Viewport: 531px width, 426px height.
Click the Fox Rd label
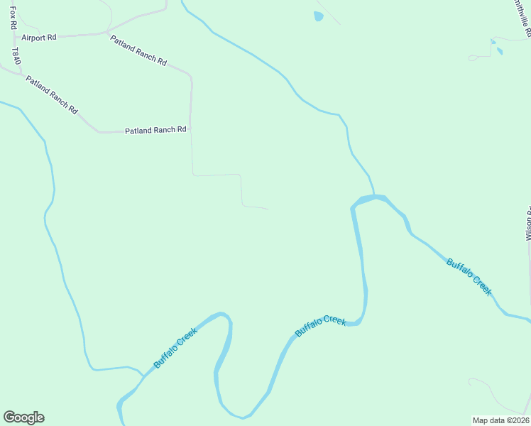point(13,15)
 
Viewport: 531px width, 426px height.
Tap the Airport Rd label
point(38,37)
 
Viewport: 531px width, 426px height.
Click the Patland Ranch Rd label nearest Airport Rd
point(138,50)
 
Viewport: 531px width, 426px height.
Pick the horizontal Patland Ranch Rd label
point(155,130)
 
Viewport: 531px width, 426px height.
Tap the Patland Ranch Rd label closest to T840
point(51,94)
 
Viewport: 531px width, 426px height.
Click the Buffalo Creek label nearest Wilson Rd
point(469,277)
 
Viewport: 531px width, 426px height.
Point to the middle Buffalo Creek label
point(321,326)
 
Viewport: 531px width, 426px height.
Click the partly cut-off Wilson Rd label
point(528,224)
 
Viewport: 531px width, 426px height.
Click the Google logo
point(23,417)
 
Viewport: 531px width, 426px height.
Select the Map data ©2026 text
point(501,420)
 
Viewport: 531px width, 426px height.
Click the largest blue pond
point(319,16)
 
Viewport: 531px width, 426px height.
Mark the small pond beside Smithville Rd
point(499,51)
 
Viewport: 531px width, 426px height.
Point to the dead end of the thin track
point(268,209)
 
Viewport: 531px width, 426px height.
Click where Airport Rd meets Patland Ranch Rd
point(106,33)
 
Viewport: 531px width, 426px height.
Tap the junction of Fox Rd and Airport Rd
point(13,37)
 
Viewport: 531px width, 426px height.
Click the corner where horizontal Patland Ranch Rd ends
point(190,129)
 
